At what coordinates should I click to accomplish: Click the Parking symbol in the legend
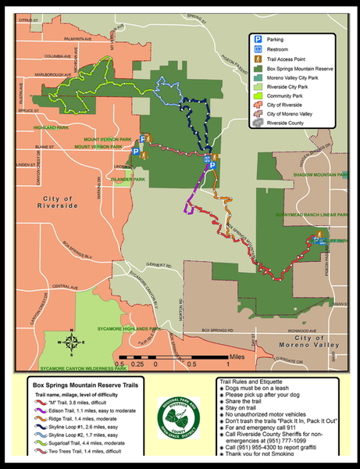[x=256, y=38]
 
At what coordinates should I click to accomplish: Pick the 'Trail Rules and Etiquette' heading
[x=255, y=381]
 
